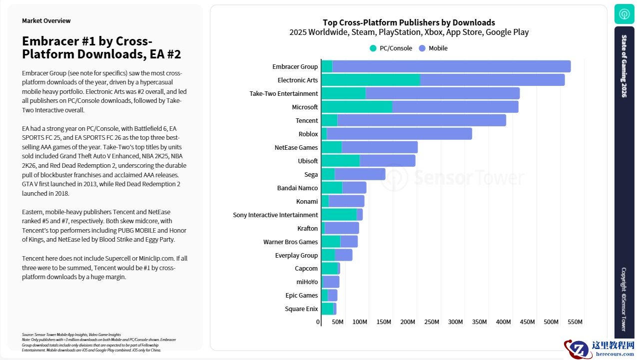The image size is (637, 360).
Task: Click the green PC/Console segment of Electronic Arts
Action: pyautogui.click(x=370, y=80)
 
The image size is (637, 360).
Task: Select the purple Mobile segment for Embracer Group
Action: pyautogui.click(x=451, y=66)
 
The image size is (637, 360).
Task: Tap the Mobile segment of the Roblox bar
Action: pyautogui.click(x=399, y=134)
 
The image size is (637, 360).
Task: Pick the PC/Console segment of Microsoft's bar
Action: pyautogui.click(x=356, y=107)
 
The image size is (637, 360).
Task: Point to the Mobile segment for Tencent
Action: pyautogui.click(x=421, y=120)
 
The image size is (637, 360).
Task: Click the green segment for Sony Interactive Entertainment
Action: pyautogui.click(x=339, y=215)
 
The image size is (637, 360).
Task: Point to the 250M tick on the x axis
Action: pyautogui.click(x=432, y=322)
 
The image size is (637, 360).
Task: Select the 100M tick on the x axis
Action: pyautogui.click(x=361, y=322)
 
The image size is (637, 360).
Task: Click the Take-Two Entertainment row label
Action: pyautogui.click(x=283, y=94)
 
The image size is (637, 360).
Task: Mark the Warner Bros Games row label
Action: pyautogui.click(x=290, y=242)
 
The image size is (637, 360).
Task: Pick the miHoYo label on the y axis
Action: pyautogui.click(x=307, y=282)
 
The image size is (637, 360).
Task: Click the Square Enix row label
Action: pyautogui.click(x=301, y=309)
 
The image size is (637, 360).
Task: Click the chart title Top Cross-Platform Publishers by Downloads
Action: pyautogui.click(x=409, y=22)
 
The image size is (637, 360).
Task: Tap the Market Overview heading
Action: pyautogui.click(x=46, y=21)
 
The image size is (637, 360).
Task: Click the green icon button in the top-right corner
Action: pyautogui.click(x=624, y=14)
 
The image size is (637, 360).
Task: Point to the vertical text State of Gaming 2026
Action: pyautogui.click(x=624, y=66)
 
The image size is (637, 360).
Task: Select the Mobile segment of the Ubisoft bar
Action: pyautogui.click(x=387, y=161)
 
